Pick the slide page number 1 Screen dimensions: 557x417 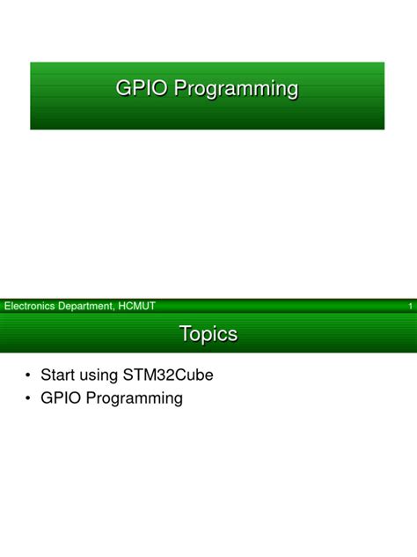[x=410, y=307]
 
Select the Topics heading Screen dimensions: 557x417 [x=208, y=334]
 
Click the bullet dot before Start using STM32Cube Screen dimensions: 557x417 [x=29, y=375]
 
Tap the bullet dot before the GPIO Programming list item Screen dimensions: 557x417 [x=29, y=398]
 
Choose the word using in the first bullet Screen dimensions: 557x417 [x=105, y=375]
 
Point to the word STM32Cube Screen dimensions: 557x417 [x=172, y=375]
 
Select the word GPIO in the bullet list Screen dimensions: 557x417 [x=60, y=397]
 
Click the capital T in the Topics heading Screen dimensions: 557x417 [x=185, y=334]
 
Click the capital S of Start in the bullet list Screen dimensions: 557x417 [x=46, y=375]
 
